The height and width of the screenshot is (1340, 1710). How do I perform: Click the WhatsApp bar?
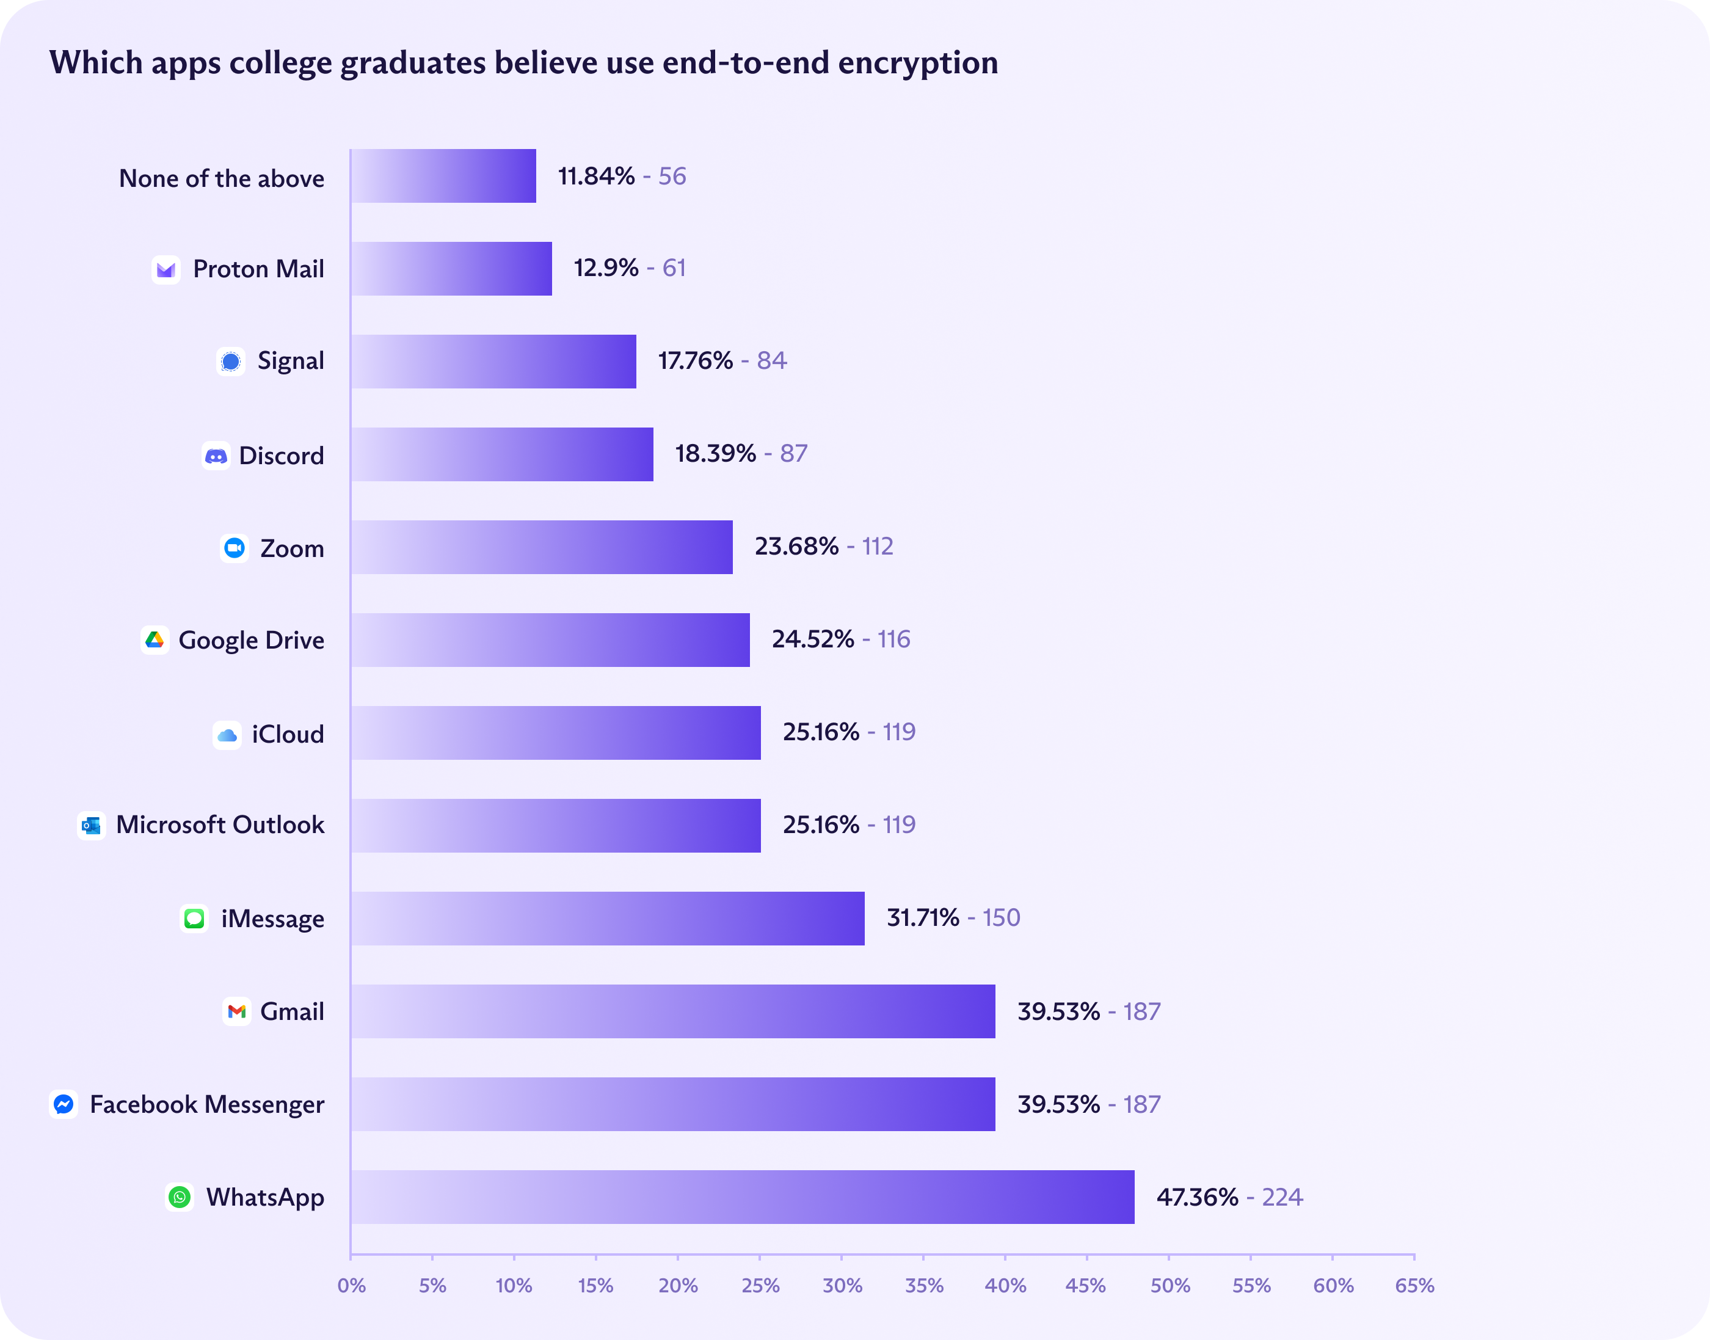pos(742,1196)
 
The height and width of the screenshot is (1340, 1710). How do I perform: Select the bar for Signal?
pos(493,362)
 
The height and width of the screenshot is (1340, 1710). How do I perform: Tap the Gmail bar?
pos(673,1011)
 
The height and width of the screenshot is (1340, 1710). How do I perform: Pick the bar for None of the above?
pos(443,176)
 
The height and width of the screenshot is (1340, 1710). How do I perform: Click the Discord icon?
pos(216,456)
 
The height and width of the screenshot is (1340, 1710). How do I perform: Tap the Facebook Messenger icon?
pos(64,1104)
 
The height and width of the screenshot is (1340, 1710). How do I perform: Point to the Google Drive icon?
pos(155,640)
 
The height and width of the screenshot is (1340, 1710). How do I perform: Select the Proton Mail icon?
pos(166,270)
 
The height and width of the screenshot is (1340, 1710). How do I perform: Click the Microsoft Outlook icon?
pos(92,825)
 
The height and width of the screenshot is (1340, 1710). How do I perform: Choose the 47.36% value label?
pos(1197,1197)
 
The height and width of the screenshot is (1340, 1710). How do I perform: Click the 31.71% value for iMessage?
pos(922,917)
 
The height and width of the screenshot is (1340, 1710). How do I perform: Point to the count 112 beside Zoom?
pos(878,546)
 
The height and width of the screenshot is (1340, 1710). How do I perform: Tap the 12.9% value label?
pos(606,268)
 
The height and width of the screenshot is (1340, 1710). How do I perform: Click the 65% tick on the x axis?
pos(1414,1286)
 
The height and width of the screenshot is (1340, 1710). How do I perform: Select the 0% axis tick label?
pos(351,1286)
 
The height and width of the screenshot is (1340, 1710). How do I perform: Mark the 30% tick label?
pos(842,1286)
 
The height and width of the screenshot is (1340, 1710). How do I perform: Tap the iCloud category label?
pos(287,734)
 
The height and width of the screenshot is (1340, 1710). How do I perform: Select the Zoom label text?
pos(292,548)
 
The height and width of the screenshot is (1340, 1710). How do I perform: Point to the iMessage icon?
pos(194,919)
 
